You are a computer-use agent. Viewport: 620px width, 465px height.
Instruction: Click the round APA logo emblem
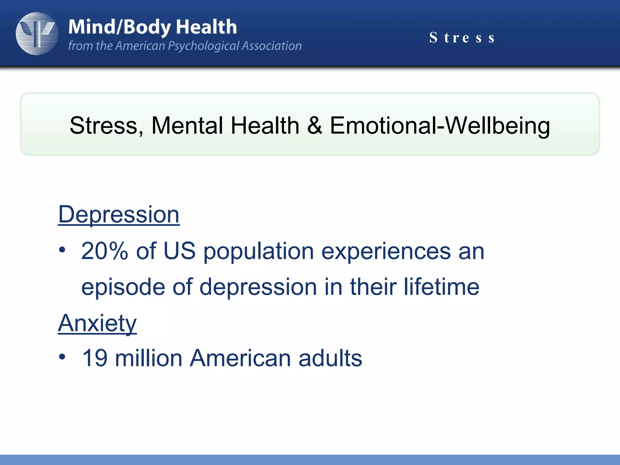coord(37,34)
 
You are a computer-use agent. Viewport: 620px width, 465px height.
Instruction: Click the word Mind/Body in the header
coord(120,27)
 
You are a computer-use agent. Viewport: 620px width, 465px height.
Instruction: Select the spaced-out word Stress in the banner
coord(462,38)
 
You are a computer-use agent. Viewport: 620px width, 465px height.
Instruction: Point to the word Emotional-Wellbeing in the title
coord(440,125)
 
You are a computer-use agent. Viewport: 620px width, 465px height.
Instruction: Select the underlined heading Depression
coord(119,214)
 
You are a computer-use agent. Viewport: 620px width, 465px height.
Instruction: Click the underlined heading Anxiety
coord(97,323)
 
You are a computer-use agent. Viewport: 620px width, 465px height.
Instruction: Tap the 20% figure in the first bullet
coord(104,251)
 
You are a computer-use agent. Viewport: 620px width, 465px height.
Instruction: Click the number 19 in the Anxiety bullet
coord(94,358)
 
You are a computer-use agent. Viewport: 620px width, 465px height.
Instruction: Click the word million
coord(149,358)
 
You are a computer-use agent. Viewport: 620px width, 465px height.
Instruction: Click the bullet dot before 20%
coord(62,250)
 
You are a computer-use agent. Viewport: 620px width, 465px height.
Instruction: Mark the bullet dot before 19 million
coord(62,357)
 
